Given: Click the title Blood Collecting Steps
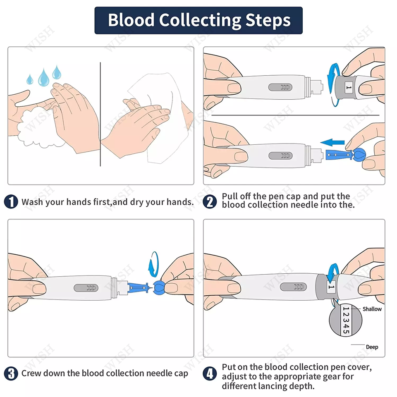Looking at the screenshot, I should (198, 20).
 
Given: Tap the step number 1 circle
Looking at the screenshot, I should (11, 202).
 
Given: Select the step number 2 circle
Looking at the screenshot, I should (210, 202).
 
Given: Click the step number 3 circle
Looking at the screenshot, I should (11, 373).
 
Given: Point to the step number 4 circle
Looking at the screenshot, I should (210, 373).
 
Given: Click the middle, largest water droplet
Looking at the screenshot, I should (43, 77).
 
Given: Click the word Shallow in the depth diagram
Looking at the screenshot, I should (372, 309).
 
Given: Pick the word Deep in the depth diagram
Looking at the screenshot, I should (372, 347).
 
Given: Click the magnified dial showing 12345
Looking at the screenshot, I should (346, 321).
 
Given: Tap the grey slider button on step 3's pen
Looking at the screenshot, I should (86, 288).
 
